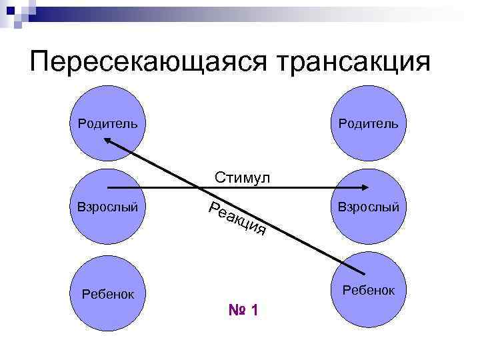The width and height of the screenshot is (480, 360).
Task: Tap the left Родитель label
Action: coord(107,123)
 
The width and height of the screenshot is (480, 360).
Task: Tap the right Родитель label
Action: coord(368,123)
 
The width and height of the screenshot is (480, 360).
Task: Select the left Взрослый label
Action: coord(107,207)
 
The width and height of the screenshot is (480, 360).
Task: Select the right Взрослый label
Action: coord(369,207)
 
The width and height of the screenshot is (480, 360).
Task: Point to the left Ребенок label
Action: coord(107,293)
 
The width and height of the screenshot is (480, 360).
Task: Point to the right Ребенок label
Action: coord(369,290)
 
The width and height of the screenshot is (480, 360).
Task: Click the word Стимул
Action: coord(242,177)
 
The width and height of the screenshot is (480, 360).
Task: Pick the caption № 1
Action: coord(243,310)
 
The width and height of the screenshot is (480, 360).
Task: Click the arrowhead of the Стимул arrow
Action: coord(366,188)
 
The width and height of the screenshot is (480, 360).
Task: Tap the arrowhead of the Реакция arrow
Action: coord(110,141)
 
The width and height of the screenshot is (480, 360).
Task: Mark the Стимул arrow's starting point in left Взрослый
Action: coord(108,188)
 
